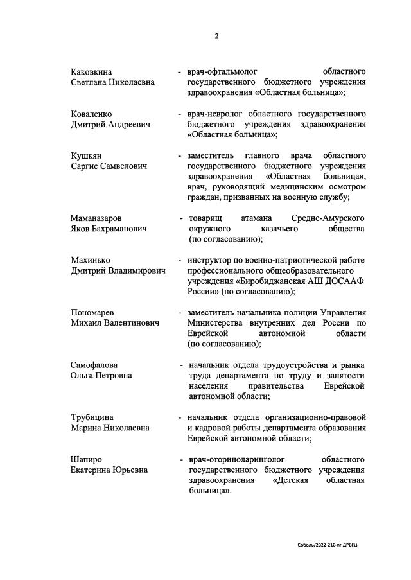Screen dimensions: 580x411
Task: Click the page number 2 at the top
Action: point(216,36)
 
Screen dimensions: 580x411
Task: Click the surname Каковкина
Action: point(95,71)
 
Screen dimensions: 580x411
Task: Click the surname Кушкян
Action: point(86,155)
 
